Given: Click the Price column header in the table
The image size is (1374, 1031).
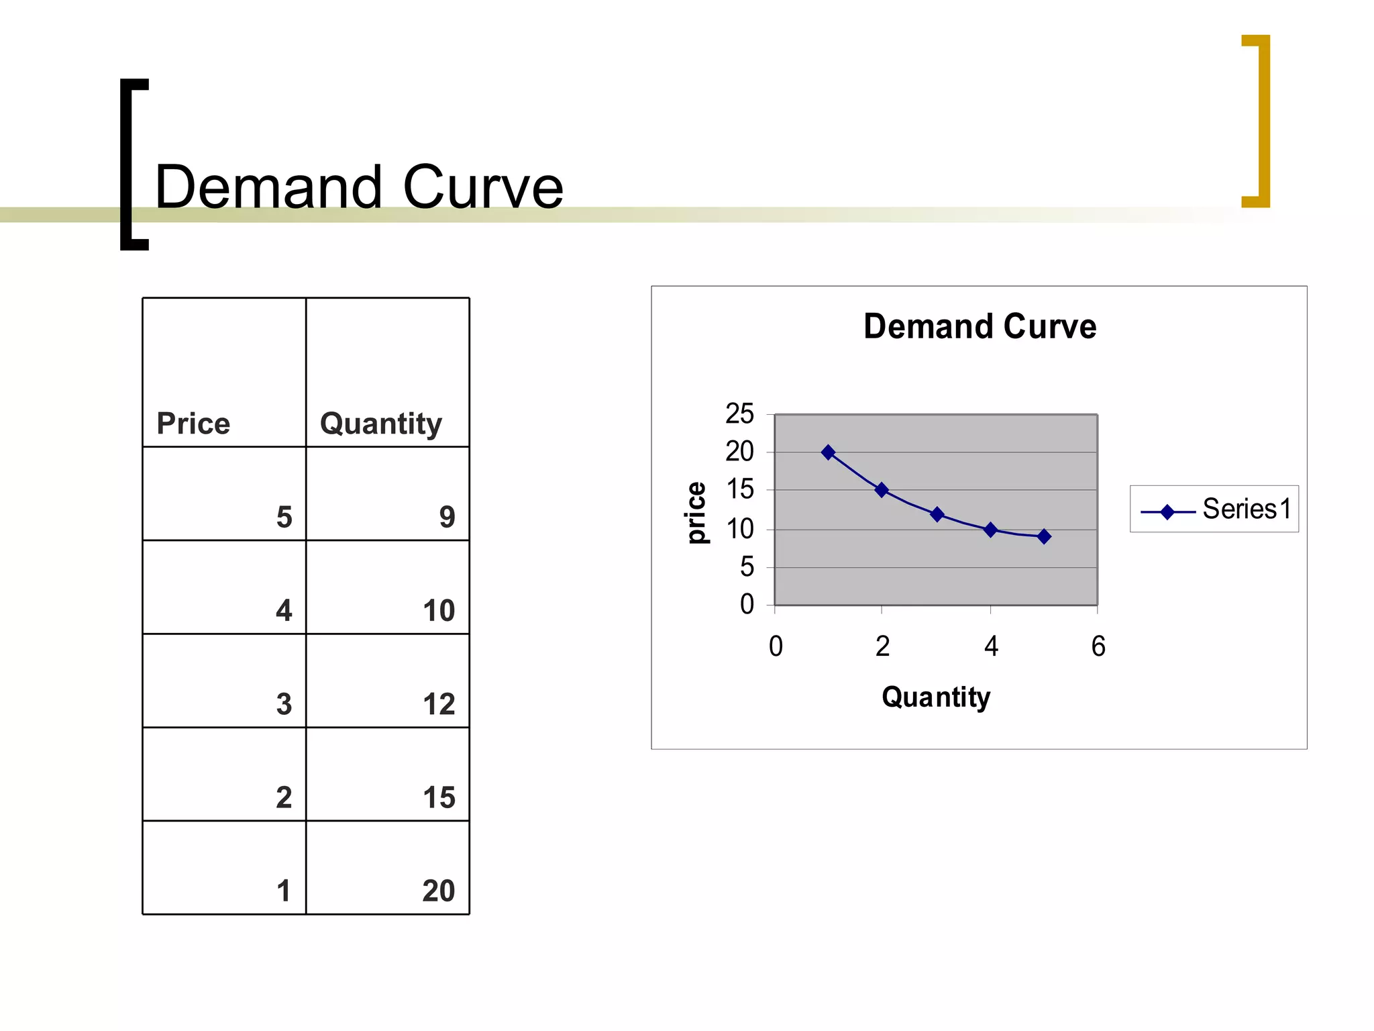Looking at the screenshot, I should pos(193,424).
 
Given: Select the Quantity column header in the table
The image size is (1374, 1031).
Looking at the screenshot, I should pos(381,424).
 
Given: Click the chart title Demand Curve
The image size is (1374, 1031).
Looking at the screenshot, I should pos(980,327).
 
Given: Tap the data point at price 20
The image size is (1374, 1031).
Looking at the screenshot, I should pos(829,452).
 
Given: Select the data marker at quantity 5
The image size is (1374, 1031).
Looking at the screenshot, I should pos(1044,536).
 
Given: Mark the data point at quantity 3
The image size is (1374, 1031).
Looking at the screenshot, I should pos(937,515).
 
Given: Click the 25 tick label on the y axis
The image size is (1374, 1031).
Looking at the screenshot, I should pos(739,414).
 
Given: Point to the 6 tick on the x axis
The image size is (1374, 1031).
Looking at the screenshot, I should pos(1098,646).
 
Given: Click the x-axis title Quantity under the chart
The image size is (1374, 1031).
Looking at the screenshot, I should pos(936,697).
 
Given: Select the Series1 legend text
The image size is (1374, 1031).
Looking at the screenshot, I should pos(1247,509).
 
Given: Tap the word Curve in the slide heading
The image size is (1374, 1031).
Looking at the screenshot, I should pos(483,187).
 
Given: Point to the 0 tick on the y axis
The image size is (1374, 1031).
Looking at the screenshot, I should pos(747,605).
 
